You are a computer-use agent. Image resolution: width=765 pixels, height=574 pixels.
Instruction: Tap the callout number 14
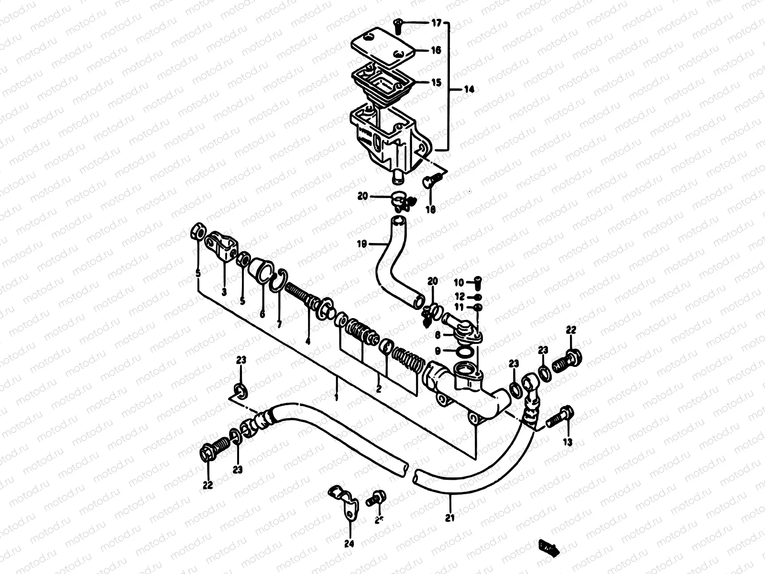pos(470,89)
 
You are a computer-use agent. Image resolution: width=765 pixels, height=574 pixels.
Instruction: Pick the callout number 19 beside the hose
pos(361,244)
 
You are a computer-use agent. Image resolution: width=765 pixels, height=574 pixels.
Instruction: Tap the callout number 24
pos(350,543)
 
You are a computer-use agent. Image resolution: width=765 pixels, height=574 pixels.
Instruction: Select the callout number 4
pos(307,341)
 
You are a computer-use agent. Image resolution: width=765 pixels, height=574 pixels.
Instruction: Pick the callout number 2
pos(379,389)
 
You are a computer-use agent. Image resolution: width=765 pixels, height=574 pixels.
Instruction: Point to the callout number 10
pos(459,282)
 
